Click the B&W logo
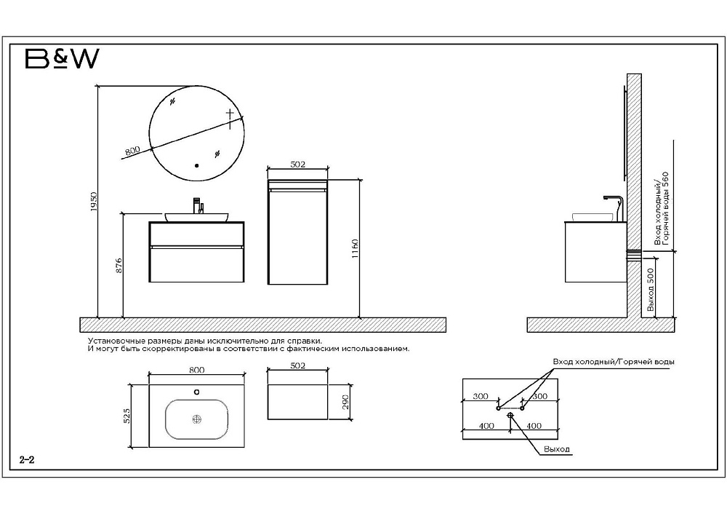pos(62,59)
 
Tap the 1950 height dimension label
pos(94,202)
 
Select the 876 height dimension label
pos(119,265)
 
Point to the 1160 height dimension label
pos(356,249)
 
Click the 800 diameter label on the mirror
pos(132,151)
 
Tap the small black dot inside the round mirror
pos(196,165)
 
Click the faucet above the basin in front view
pos(198,205)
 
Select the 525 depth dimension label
pos(127,416)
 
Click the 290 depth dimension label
pos(345,402)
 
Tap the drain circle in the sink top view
pos(196,419)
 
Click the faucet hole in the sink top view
pos(196,392)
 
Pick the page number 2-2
pos(27,460)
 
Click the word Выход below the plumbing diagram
pos(557,449)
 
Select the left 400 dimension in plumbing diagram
pos(486,426)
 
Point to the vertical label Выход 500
pos(651,290)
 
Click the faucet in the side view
pos(614,208)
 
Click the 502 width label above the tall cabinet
pos(297,164)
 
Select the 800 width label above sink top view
pos(196,370)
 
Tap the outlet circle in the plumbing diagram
pos(510,415)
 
